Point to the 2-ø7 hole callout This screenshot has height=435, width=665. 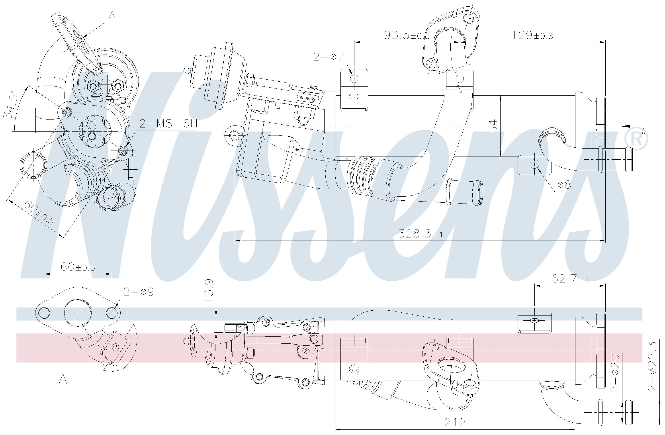pyautogui.click(x=328, y=57)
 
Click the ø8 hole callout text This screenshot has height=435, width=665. pyautogui.click(x=564, y=185)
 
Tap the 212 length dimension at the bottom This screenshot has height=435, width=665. pyautogui.click(x=455, y=422)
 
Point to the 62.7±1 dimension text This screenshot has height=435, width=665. pyautogui.click(x=570, y=278)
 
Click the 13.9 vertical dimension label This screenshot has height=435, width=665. pyautogui.click(x=209, y=291)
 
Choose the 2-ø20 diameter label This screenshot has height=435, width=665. pyautogui.click(x=615, y=373)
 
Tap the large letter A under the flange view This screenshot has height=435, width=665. pyautogui.click(x=63, y=380)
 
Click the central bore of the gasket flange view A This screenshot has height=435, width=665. pyautogui.click(x=78, y=313)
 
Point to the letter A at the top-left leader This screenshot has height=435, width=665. pyautogui.click(x=112, y=15)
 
